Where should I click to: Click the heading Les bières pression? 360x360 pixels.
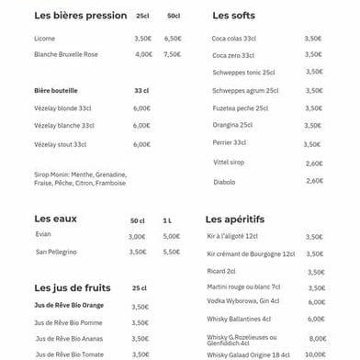[x=81, y=16]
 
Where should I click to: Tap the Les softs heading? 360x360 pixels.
[x=233, y=16]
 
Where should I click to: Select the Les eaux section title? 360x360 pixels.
[x=55, y=219]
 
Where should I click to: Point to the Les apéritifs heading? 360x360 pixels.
[x=234, y=219]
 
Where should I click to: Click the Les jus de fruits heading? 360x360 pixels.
[x=72, y=287]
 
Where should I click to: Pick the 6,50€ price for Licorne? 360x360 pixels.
[x=173, y=39]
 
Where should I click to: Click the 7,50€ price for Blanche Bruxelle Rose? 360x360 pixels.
[x=173, y=54]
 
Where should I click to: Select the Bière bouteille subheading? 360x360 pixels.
[x=56, y=91]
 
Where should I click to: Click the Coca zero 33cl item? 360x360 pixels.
[x=233, y=56]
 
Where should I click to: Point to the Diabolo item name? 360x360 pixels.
[x=224, y=182]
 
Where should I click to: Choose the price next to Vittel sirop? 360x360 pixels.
[x=314, y=163]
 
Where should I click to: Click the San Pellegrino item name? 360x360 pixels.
[x=57, y=252]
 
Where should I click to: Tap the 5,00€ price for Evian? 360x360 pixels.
[x=172, y=236]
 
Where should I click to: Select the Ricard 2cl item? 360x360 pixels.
[x=221, y=271]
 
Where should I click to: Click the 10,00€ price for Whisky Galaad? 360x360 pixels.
[x=315, y=354]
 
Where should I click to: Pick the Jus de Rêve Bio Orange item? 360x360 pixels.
[x=69, y=306]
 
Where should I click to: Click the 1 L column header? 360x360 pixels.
[x=167, y=220]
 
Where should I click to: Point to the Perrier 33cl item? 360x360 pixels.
[x=230, y=142]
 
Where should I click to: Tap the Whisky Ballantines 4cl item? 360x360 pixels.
[x=239, y=319]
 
